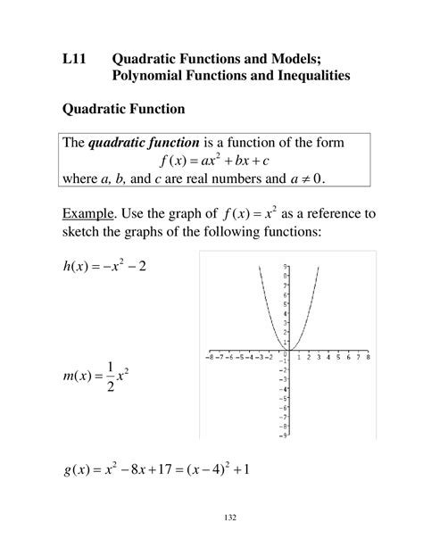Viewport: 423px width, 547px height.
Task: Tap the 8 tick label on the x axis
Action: point(368,356)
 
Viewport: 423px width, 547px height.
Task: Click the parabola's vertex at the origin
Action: point(290,350)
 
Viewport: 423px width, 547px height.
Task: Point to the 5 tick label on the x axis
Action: point(338,356)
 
